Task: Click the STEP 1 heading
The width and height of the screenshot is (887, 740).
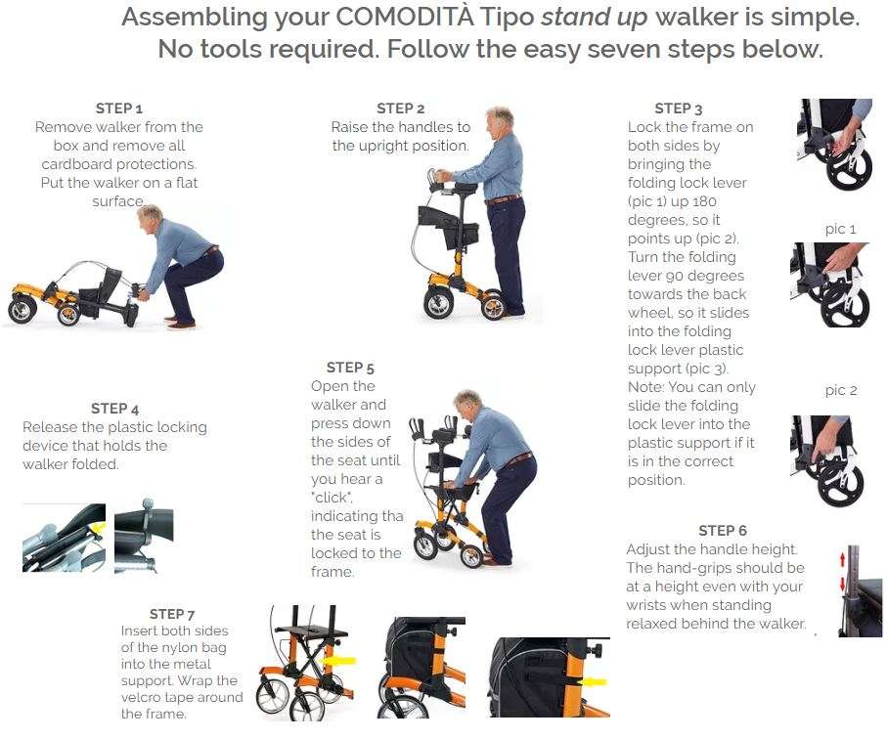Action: coord(118,108)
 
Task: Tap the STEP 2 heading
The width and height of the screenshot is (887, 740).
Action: coord(401,108)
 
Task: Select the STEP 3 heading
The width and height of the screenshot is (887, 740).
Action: coord(679,109)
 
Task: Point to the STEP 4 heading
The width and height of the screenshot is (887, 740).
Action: coord(114,409)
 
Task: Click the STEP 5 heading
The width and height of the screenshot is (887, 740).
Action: coord(350,368)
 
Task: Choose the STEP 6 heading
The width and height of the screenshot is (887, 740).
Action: coord(723,530)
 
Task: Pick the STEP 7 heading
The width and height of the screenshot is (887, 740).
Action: coord(172,614)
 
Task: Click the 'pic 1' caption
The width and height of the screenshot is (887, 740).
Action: coord(841,229)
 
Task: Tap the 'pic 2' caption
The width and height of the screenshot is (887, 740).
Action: coord(841,390)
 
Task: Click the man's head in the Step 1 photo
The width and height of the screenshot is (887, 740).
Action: coord(150,216)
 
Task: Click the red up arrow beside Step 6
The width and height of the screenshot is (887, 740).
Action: coord(842,558)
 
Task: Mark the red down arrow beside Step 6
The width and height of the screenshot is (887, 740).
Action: coord(842,584)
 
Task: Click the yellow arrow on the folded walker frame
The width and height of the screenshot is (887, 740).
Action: coord(99,528)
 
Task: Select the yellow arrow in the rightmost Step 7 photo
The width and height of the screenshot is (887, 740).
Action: coord(594,682)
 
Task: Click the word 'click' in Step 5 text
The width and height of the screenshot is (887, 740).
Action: coord(332,498)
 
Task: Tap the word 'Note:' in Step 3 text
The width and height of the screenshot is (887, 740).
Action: coord(645,387)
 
